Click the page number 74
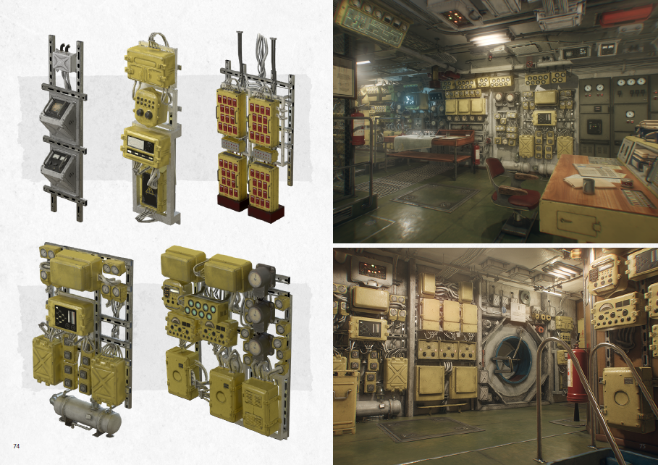click(15, 445)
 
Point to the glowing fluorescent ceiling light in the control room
click(489, 38)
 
